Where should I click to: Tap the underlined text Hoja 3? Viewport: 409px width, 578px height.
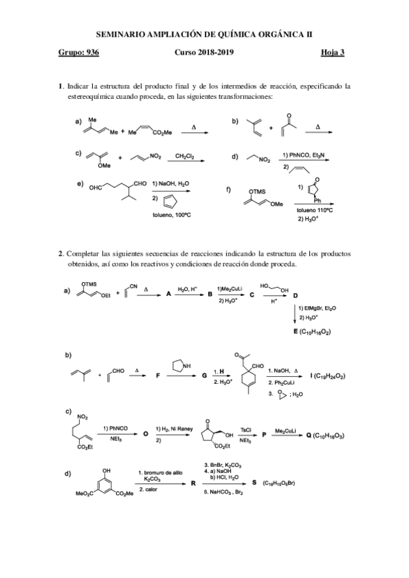coord(332,52)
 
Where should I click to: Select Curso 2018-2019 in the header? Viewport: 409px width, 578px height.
coord(204,52)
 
